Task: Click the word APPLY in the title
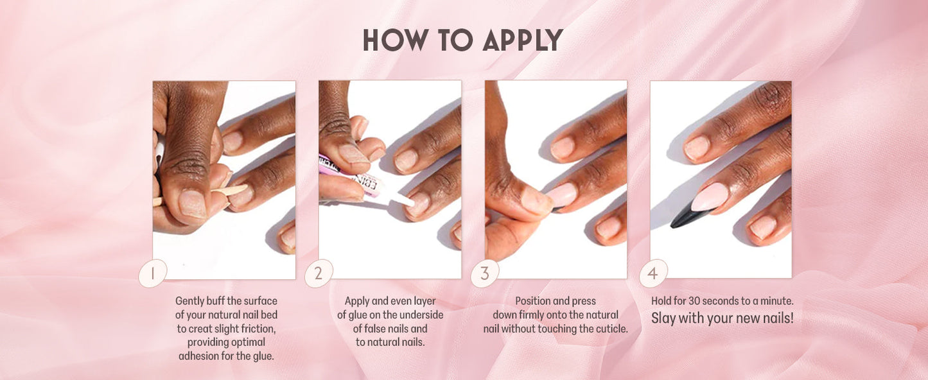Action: tap(522, 40)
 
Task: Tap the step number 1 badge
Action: tap(152, 273)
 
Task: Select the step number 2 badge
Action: tap(318, 273)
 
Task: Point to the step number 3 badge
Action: tap(485, 273)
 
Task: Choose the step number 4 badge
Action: tap(653, 273)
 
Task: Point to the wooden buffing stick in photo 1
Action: tap(230, 191)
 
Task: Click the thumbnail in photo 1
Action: tap(193, 203)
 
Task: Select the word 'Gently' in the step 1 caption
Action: tap(189, 301)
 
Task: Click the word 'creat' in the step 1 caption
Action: tap(202, 329)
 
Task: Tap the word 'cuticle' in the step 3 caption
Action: tap(611, 329)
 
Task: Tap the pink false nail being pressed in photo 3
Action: tap(561, 194)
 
